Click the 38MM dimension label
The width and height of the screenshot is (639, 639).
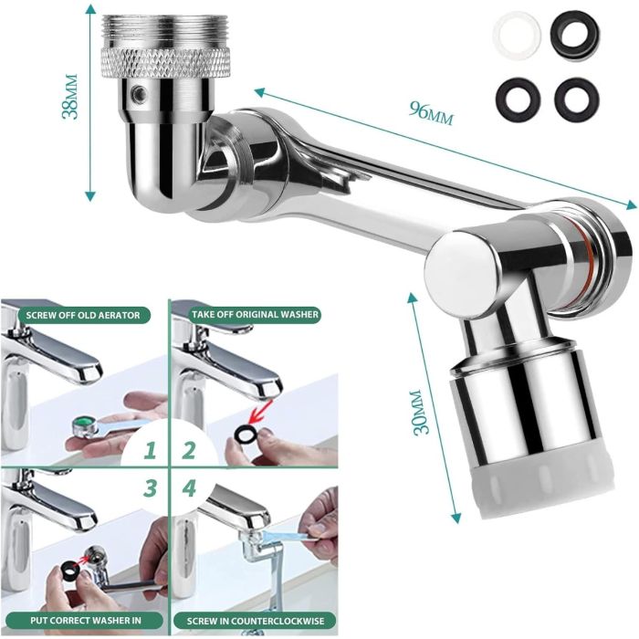click(69, 97)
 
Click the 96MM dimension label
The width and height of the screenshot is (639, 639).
click(431, 112)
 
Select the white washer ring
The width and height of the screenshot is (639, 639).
click(517, 35)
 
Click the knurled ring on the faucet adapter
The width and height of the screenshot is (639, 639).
click(165, 62)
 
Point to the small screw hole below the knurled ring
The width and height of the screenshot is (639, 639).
click(139, 93)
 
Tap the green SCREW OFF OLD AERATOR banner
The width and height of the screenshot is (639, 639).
click(83, 315)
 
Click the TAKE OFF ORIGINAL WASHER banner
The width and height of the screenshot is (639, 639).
click(255, 315)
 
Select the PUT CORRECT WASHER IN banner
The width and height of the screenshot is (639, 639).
click(85, 621)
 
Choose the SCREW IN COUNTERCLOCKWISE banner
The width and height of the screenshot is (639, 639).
click(255, 621)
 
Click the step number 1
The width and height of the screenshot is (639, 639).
click(149, 450)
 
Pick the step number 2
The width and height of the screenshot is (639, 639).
click(189, 450)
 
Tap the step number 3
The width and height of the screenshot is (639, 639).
click(150, 487)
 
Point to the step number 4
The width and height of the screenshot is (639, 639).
click(188, 487)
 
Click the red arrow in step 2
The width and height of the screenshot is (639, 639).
click(260, 412)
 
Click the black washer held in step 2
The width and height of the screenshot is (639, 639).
click(246, 435)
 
